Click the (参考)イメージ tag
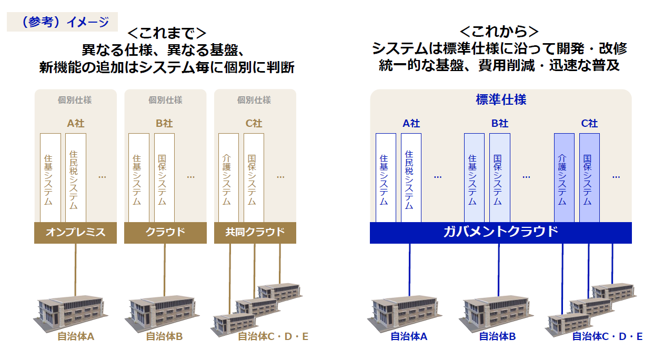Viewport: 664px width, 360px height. (x=62, y=22)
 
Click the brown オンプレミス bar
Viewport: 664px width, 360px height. (x=75, y=233)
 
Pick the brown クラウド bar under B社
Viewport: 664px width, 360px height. (x=165, y=233)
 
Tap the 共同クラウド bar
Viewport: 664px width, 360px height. (x=255, y=233)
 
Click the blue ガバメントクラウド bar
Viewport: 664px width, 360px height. (x=500, y=233)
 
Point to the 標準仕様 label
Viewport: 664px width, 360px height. (x=500, y=99)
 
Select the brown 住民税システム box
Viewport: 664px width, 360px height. (x=75, y=178)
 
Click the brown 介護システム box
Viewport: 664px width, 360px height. (x=228, y=178)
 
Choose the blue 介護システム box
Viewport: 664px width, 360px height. (x=564, y=178)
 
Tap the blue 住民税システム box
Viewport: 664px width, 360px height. (x=410, y=178)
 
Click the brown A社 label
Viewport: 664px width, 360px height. (x=75, y=124)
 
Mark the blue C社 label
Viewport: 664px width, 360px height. (x=589, y=124)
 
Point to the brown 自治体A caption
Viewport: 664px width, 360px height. (x=75, y=336)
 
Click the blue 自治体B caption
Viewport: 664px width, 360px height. (x=497, y=336)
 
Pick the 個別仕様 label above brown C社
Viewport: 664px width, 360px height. (x=254, y=100)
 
